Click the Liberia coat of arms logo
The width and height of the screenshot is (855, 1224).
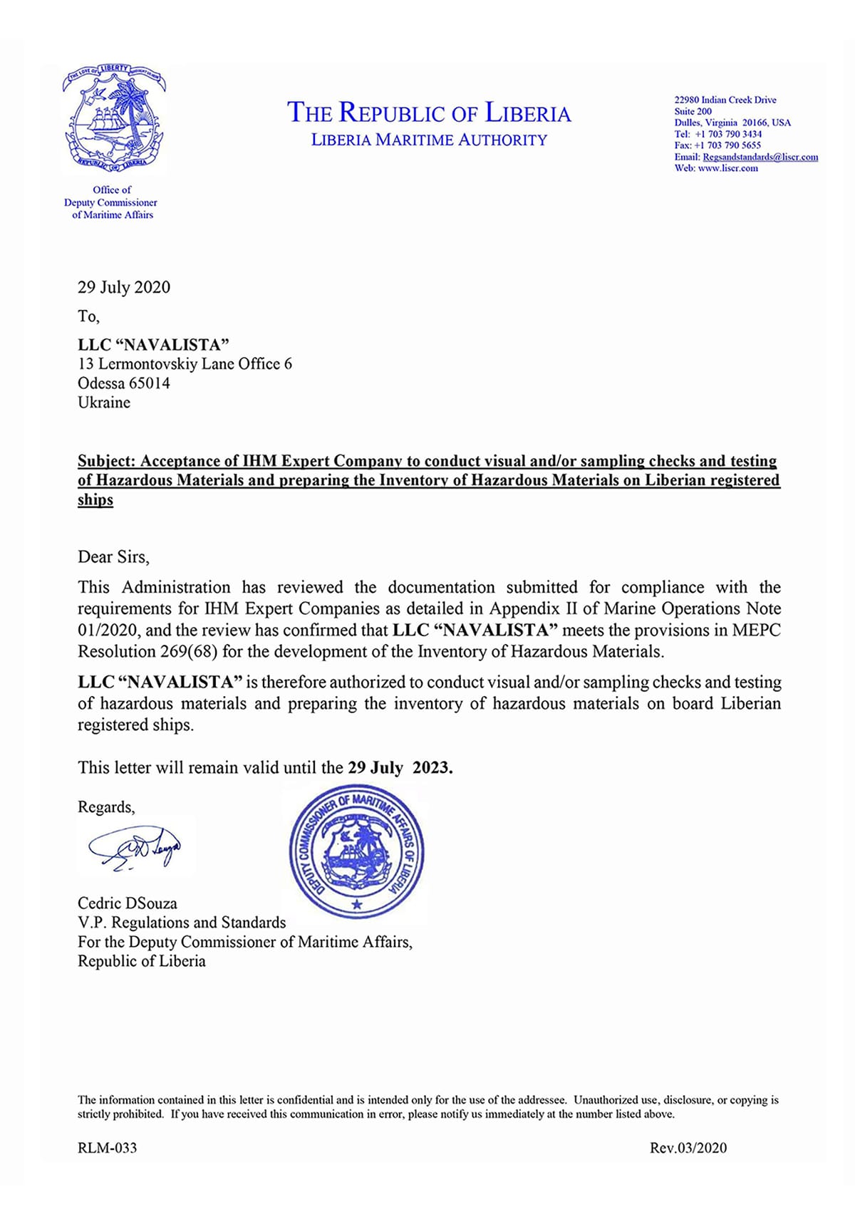tap(114, 119)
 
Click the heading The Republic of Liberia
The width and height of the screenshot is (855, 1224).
tap(429, 113)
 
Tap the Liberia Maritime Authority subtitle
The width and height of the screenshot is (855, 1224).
tap(429, 140)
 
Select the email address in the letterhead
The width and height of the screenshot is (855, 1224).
tap(760, 157)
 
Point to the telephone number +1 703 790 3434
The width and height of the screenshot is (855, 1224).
tap(727, 134)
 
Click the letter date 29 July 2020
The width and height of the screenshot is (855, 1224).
tap(124, 287)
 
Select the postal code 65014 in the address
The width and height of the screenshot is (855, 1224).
tap(149, 383)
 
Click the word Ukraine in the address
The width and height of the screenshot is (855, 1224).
tap(104, 403)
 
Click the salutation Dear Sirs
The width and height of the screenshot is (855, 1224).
tap(113, 557)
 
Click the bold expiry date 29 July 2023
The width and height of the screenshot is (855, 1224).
tap(400, 768)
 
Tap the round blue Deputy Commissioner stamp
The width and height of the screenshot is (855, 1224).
tap(356, 851)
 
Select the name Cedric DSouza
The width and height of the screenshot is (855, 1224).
tap(128, 903)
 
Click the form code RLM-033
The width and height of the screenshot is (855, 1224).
tap(107, 1148)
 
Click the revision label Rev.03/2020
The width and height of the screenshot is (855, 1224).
tap(688, 1148)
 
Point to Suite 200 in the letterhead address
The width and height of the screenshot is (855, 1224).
tap(693, 111)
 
